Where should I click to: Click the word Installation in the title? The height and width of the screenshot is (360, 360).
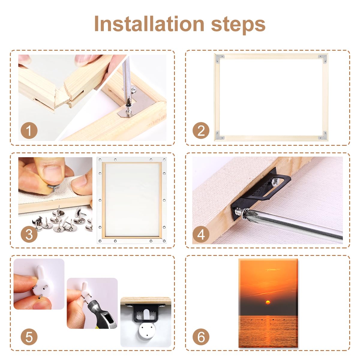[149, 24]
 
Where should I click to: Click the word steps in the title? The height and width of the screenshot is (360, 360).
[238, 25]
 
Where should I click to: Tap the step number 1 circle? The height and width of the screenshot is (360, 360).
[29, 130]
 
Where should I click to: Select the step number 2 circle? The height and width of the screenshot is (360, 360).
[201, 130]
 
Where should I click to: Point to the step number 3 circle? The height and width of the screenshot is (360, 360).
[29, 234]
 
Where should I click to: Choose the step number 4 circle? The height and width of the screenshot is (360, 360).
[201, 234]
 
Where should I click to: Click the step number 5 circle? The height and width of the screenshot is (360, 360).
[29, 337]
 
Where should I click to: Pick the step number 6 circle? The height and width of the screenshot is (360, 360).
[201, 337]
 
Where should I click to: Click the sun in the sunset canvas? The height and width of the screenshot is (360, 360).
[268, 302]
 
